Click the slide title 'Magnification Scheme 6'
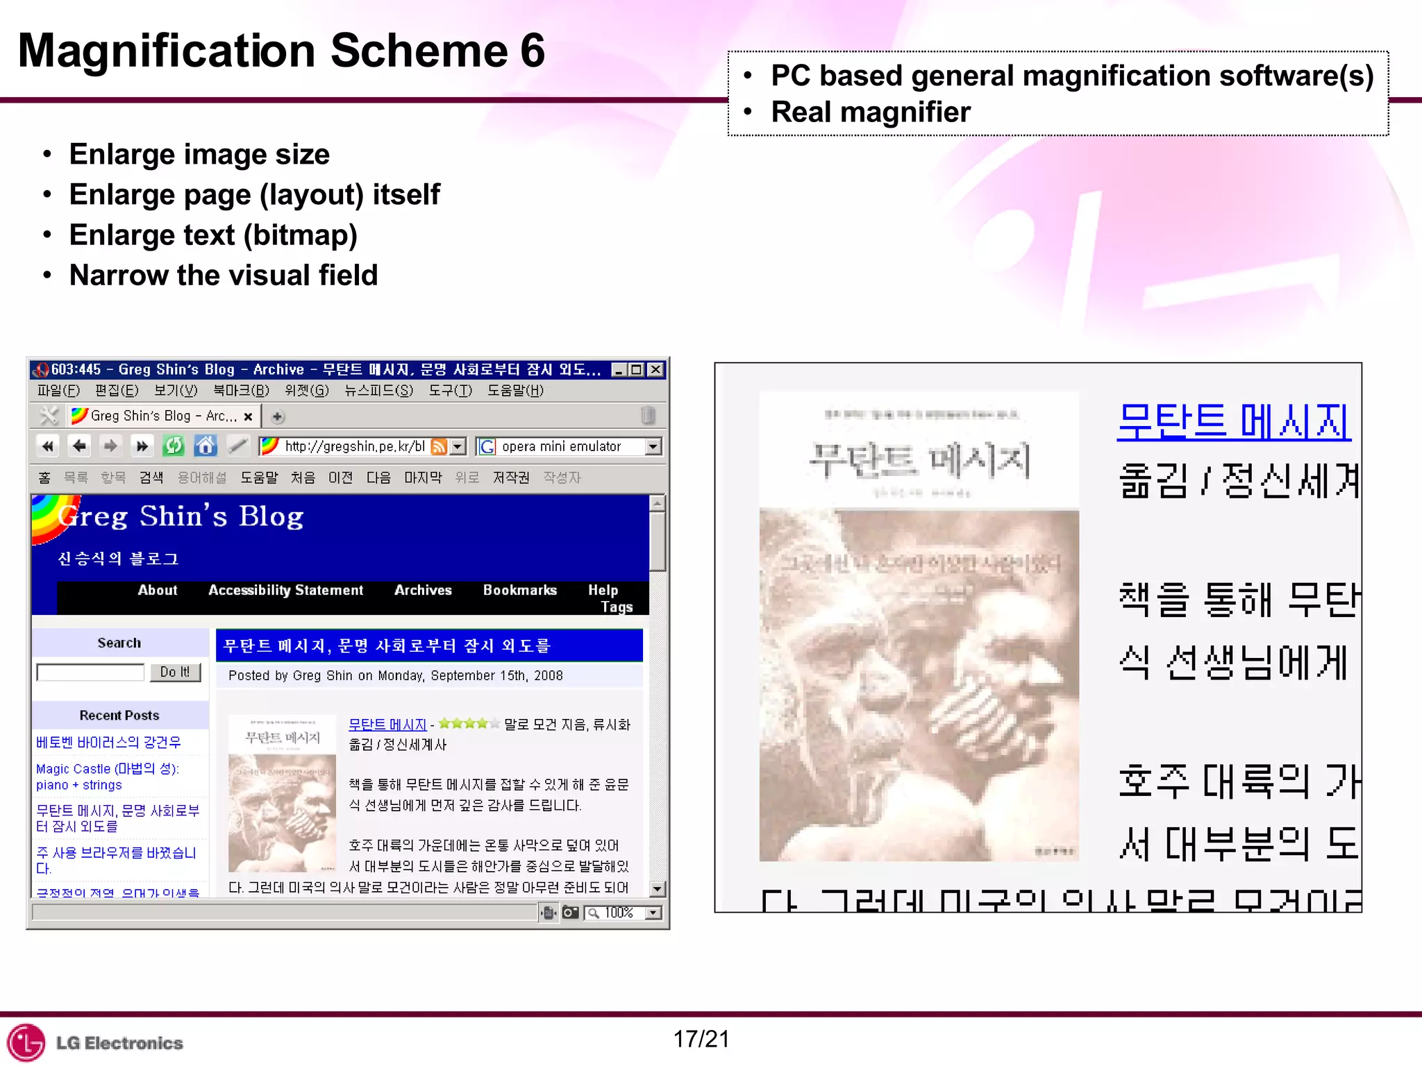coord(281,51)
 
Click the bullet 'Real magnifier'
coord(870,112)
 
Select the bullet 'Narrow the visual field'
coord(223,276)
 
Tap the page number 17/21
coord(701,1039)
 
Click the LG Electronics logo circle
coord(26,1042)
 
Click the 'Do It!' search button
coord(175,672)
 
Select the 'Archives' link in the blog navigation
coord(423,590)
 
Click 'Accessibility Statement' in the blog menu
coord(285,590)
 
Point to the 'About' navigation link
coord(158,590)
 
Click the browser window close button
coord(655,369)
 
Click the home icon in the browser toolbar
coord(206,446)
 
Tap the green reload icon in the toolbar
coord(174,446)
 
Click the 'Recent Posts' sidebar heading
coord(119,716)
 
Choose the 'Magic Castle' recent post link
coord(108,777)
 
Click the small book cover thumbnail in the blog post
coord(283,793)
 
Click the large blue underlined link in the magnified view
coord(1234,421)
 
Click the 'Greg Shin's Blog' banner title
coord(182,516)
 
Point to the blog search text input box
coord(90,672)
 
